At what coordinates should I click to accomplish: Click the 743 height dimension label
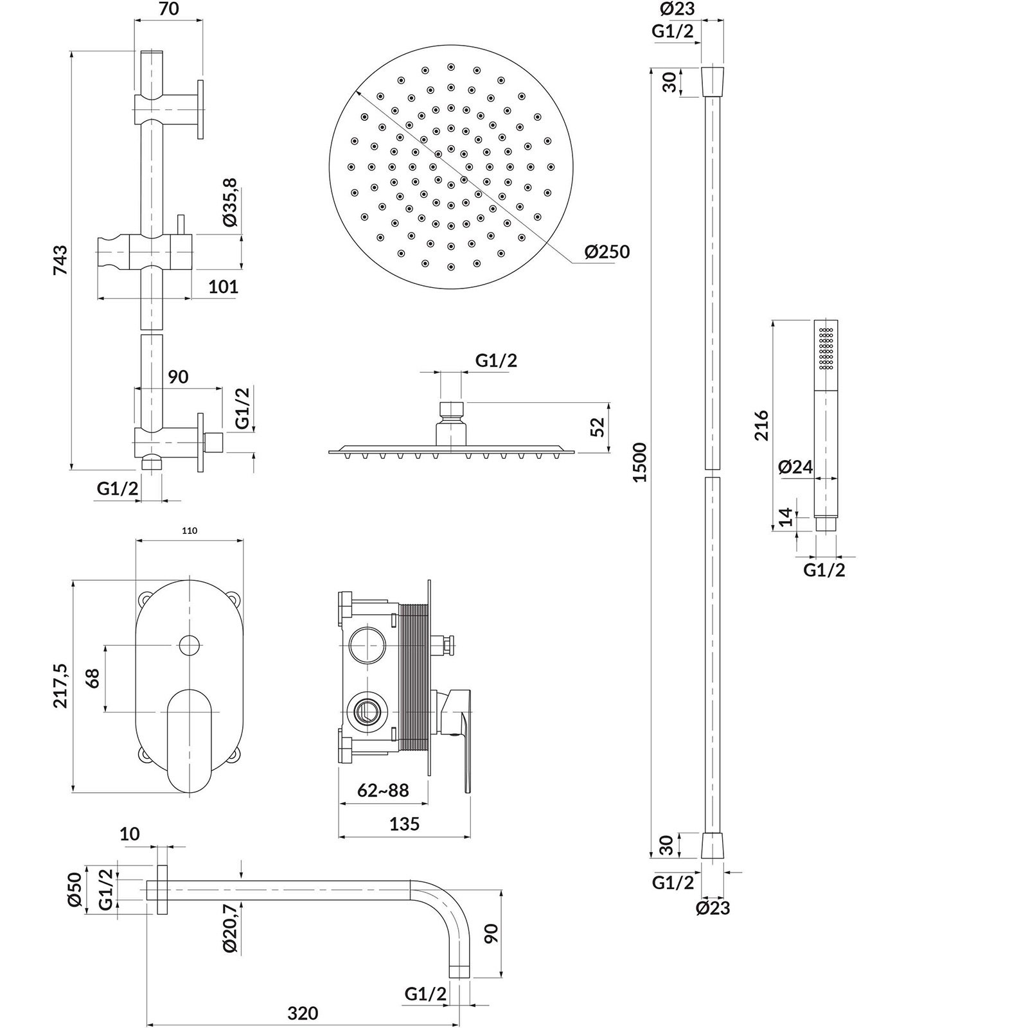(x=60, y=260)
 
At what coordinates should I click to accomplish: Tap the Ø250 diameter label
(x=607, y=252)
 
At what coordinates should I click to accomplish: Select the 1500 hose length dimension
(x=640, y=462)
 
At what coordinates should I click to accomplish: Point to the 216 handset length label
(x=761, y=425)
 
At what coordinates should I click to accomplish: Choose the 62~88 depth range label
(x=384, y=790)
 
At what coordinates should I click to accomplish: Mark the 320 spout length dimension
(x=303, y=1013)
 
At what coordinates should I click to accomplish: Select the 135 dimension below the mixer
(x=404, y=823)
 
